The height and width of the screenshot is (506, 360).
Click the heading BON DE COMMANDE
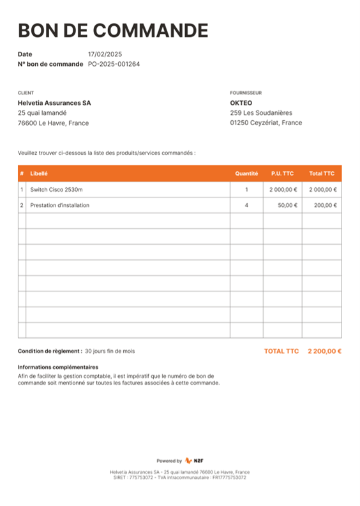113,31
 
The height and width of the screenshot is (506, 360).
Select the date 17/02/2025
105,54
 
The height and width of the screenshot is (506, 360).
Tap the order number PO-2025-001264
114,64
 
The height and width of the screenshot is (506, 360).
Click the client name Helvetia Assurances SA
54,103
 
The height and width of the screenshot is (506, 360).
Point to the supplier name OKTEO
241,103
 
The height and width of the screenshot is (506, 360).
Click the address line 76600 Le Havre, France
53,123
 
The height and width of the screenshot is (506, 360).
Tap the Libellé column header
39,173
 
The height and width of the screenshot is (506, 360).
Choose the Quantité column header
246,173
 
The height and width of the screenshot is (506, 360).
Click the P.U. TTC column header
282,173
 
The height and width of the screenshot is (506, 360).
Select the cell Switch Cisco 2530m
56,190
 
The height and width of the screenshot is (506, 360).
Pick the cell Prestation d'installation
59,205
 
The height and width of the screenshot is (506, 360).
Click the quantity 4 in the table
246,205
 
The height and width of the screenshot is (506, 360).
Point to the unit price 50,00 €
287,205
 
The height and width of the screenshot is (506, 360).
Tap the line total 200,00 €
325,205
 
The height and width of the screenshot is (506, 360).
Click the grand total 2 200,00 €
324,351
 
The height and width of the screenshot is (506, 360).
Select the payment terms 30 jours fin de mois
110,351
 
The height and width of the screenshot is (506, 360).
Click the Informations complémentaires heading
58,367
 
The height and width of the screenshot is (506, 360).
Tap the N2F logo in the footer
194,461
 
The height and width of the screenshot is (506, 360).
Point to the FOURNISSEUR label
246,93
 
